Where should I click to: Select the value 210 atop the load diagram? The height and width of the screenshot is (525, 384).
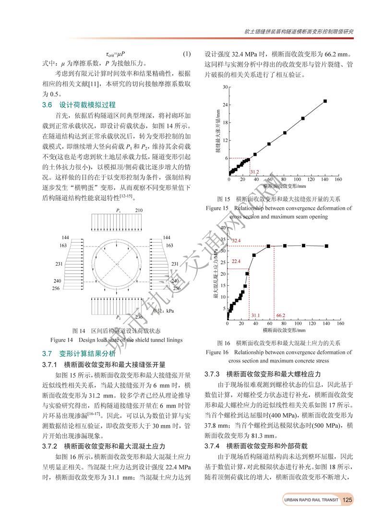pyautogui.click(x=138, y=210)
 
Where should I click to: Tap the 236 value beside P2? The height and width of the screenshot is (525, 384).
pyautogui.click(x=139, y=317)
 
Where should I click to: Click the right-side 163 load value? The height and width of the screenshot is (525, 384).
pyautogui.click(x=166, y=245)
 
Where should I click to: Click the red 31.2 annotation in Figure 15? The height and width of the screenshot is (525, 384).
pyautogui.click(x=254, y=172)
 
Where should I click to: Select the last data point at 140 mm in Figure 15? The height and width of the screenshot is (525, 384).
pyautogui.click(x=325, y=101)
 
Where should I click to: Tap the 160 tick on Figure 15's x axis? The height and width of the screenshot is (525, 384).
pyautogui.click(x=338, y=180)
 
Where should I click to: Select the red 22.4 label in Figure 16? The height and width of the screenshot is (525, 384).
pyautogui.click(x=236, y=261)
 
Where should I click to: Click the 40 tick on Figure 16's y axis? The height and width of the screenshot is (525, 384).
pyautogui.click(x=222, y=228)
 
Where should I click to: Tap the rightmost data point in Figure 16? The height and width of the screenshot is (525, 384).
pyautogui.click(x=327, y=246)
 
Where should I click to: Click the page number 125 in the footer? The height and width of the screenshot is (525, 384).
pyautogui.click(x=348, y=500)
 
